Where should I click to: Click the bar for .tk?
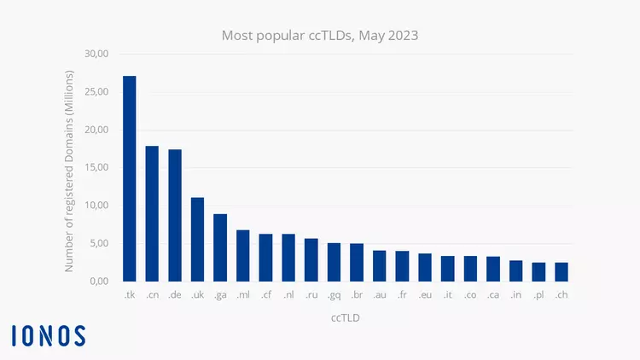point(129,178)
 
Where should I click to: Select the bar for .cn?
point(152,213)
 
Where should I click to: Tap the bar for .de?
point(175,215)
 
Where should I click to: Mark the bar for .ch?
point(561,271)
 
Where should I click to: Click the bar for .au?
point(380,265)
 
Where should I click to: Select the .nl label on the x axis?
point(288,295)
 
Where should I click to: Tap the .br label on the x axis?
point(357,295)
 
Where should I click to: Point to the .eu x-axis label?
point(425,295)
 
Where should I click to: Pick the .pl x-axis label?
point(538,295)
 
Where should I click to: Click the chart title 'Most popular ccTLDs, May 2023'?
point(320,36)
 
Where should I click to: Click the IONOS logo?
point(49,335)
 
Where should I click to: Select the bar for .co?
point(470,268)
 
